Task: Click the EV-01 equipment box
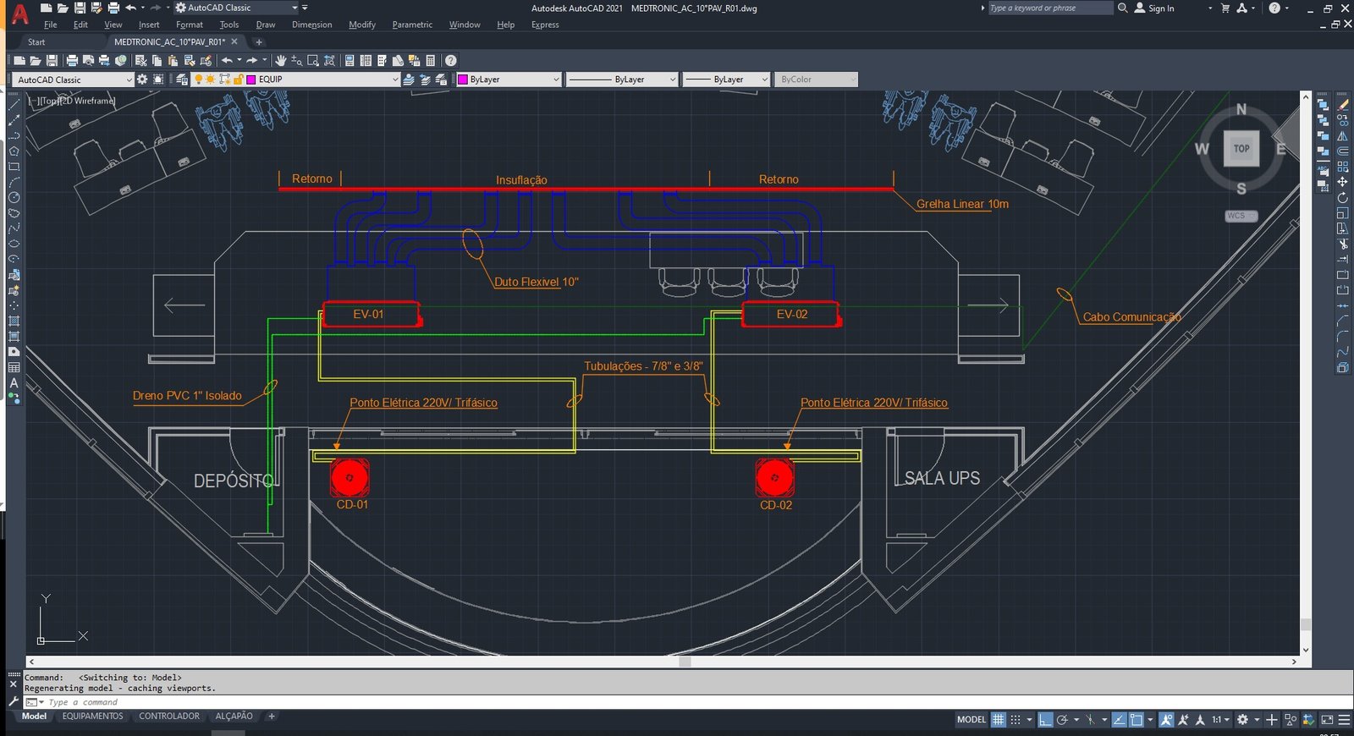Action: (372, 314)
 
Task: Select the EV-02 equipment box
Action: (790, 314)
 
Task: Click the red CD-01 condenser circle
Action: (350, 477)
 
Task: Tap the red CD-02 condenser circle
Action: (774, 477)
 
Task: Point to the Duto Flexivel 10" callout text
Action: (537, 282)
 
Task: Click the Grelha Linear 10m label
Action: (962, 204)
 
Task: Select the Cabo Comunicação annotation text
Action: (1131, 316)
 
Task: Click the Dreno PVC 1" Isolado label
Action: (187, 395)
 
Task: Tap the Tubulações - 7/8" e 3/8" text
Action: (643, 365)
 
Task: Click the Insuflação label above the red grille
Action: (521, 179)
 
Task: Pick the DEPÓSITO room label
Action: (234, 481)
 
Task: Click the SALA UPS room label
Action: (942, 478)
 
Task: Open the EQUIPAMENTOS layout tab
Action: (92, 716)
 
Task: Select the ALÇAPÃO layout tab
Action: (234, 716)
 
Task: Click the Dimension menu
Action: (312, 25)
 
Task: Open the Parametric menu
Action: (412, 25)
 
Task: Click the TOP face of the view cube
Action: (1241, 149)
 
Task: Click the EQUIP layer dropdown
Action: (322, 80)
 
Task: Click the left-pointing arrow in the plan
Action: (184, 305)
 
